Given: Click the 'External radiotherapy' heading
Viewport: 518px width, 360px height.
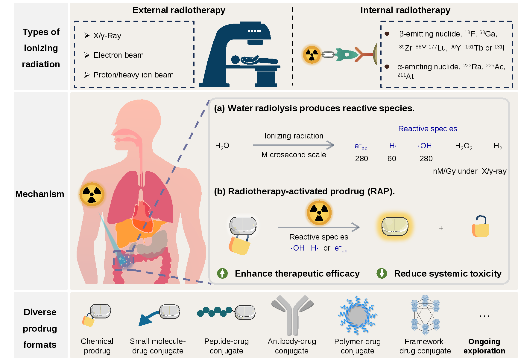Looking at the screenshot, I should pos(179,10).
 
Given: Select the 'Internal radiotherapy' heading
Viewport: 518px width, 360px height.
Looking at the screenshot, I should pos(405,10).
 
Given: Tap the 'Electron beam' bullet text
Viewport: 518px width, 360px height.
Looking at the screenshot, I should pos(119,55).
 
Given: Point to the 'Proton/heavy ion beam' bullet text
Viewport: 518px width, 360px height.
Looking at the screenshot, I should pos(133,75).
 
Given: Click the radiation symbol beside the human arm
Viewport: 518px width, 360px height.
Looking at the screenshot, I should pos(92,194).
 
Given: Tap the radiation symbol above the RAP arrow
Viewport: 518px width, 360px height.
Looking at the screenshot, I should pos(319,213).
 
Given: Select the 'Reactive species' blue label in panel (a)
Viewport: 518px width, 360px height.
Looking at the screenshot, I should pos(427,129).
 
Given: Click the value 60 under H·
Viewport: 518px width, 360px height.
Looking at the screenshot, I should pos(392,159).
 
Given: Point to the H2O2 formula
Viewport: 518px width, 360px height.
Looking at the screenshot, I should pos(464,146).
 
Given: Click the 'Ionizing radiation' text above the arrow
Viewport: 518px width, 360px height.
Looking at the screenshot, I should pos(294,136).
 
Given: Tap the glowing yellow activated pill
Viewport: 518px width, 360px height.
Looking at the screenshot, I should pos(395,226).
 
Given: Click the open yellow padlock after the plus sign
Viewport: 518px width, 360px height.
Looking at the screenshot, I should pos(481,227).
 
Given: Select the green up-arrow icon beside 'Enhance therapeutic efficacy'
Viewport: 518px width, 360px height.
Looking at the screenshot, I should pos(222,273).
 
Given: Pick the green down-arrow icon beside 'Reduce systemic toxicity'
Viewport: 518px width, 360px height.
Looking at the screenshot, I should pos(382,273).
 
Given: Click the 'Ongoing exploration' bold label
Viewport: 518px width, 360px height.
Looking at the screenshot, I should pos(484,346).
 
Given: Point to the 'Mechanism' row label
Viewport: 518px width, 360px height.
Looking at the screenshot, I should pos(40,194).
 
